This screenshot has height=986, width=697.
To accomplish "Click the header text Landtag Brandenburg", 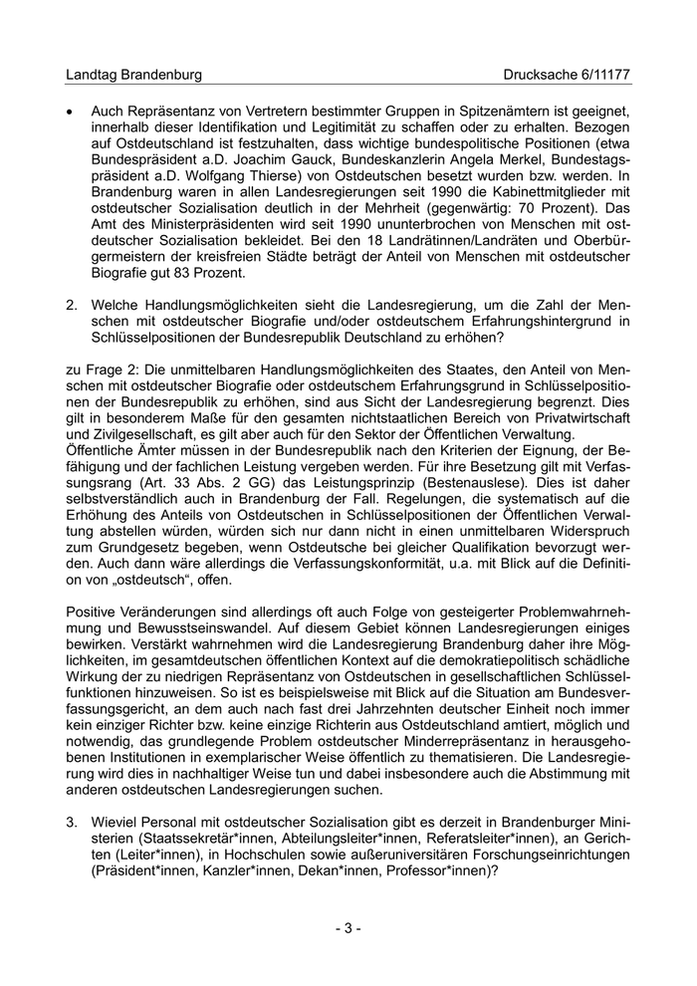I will [133, 75].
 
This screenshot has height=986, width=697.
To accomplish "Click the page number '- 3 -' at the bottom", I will [348, 928].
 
